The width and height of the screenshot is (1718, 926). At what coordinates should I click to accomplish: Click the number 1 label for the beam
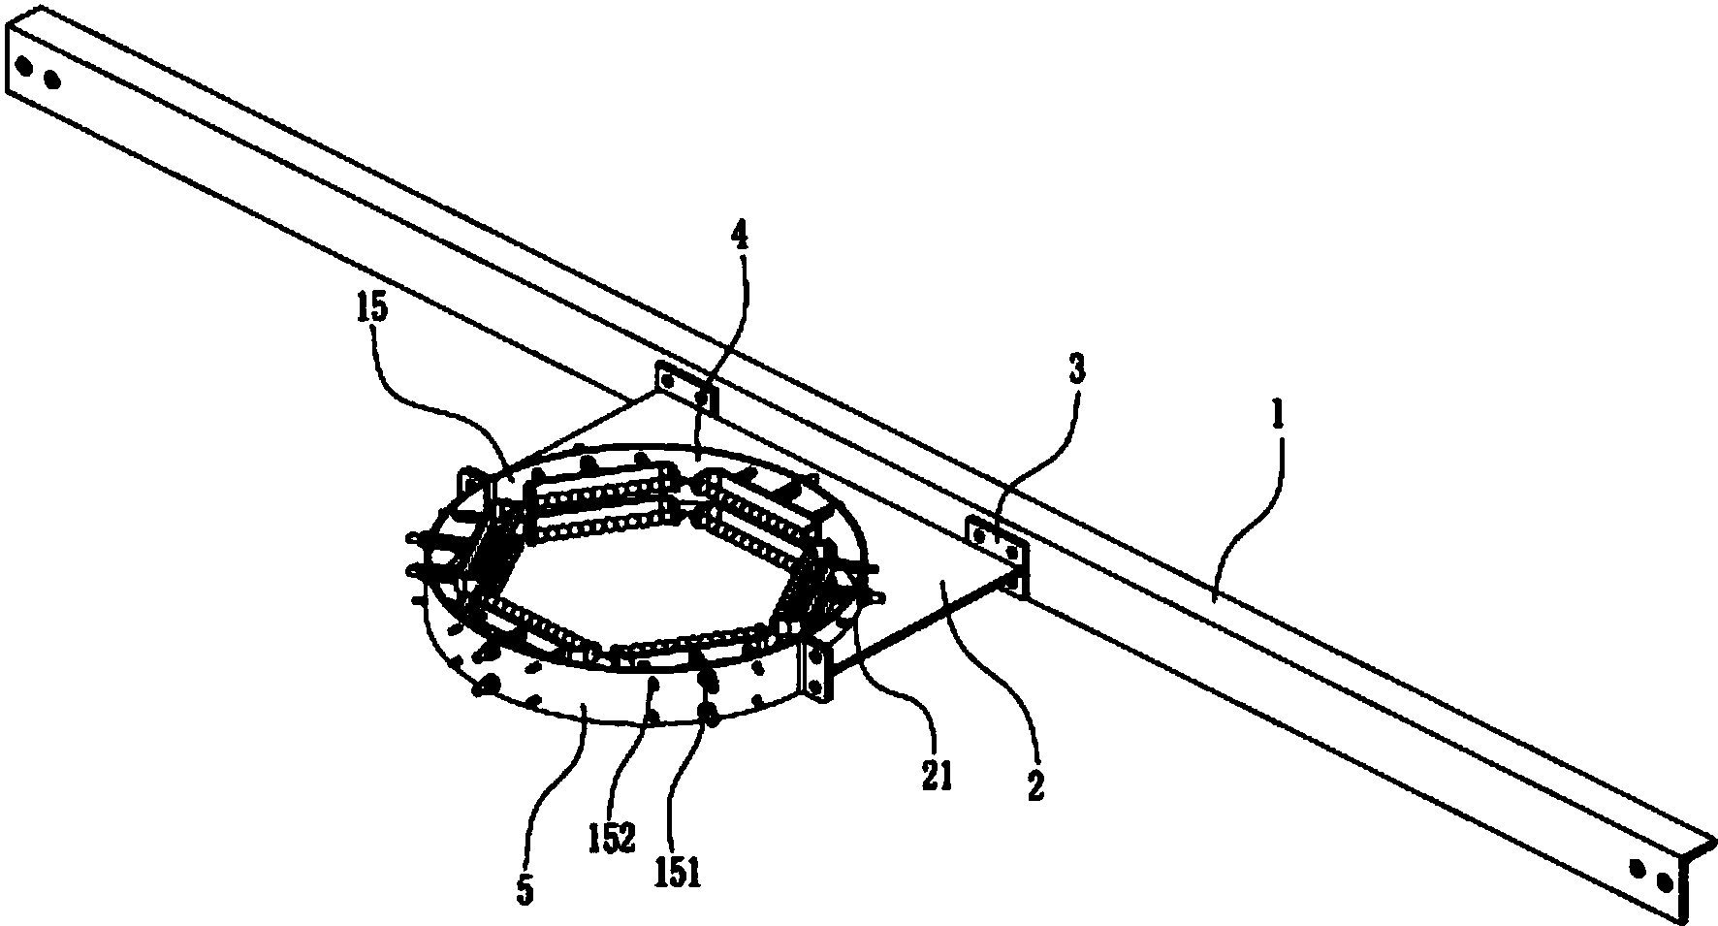(1277, 420)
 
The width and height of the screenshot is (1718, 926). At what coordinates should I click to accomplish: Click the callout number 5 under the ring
(525, 889)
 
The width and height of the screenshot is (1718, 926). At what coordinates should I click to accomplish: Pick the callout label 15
(371, 309)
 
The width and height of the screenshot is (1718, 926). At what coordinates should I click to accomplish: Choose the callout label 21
(936, 776)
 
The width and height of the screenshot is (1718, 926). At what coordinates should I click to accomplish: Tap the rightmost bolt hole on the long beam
(1664, 882)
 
